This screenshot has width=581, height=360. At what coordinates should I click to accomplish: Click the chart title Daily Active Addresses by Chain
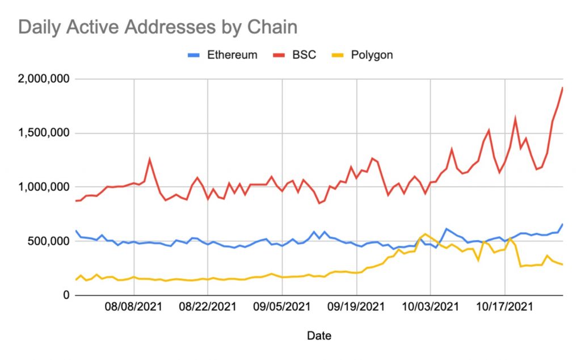[158, 27]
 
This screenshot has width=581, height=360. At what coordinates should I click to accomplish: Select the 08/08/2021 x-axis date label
[134, 307]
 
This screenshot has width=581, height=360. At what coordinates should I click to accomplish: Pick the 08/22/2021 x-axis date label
[208, 307]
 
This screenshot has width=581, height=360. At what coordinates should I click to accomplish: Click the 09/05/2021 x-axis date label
[283, 307]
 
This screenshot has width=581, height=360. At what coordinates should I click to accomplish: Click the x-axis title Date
[319, 336]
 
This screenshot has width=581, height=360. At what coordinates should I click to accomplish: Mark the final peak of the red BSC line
[562, 87]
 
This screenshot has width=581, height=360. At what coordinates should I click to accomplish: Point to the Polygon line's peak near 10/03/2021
[425, 234]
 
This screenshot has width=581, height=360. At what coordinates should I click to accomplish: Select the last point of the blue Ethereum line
[562, 224]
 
